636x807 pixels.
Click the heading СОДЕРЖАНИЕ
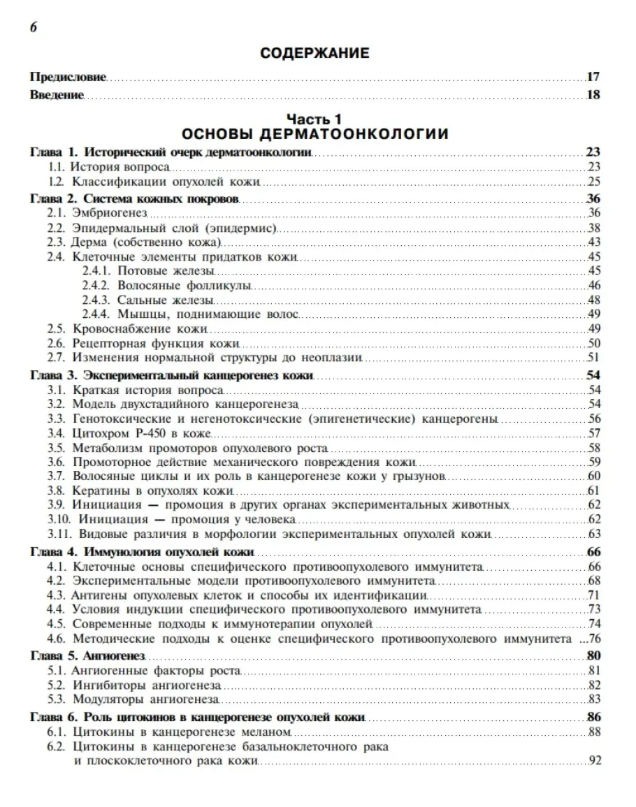314,52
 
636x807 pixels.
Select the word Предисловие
68,77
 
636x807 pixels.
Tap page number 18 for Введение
593,94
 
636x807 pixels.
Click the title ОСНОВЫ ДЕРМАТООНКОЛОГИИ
314,133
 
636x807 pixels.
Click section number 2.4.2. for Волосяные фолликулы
96,285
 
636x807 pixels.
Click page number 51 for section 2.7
595,358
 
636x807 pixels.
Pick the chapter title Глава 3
172,375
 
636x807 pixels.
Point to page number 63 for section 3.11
595,535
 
